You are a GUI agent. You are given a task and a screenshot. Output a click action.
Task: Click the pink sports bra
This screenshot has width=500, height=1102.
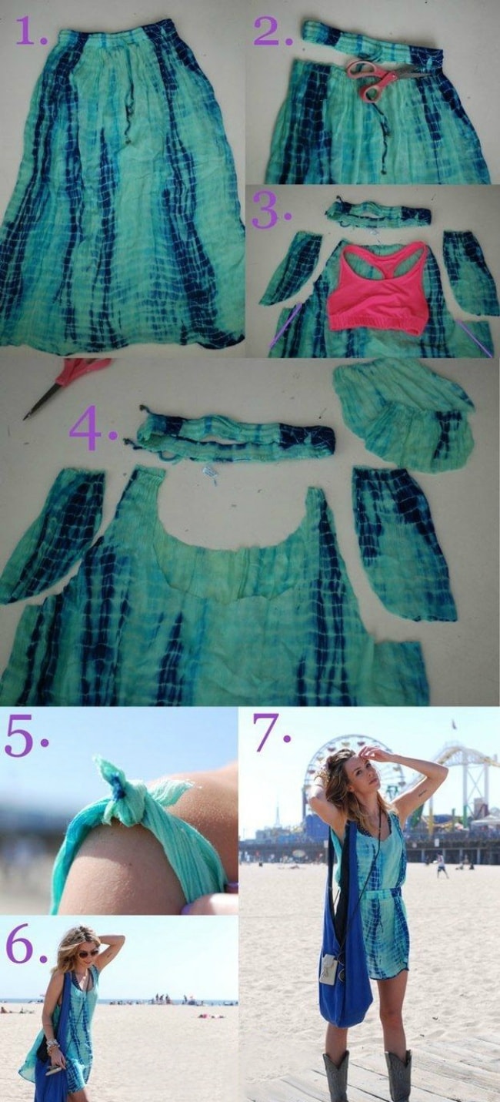coord(377,289)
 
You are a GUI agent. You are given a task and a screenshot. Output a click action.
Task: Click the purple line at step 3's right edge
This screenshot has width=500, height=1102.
coord(474,339)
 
